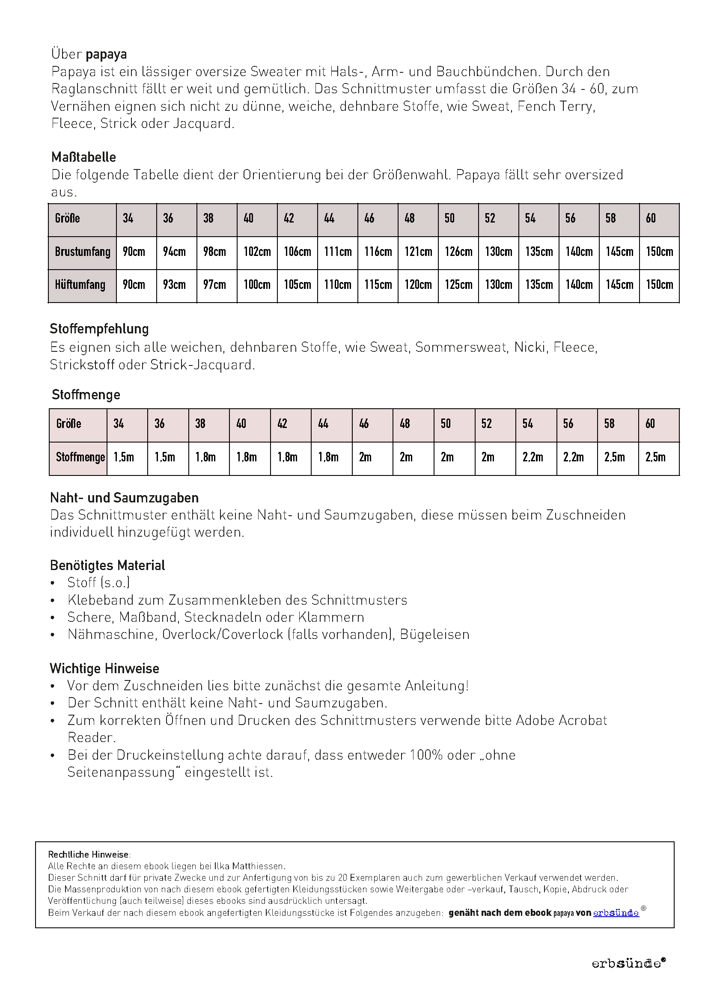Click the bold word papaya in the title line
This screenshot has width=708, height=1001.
pyautogui.click(x=107, y=54)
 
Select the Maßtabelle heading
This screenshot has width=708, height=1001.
pyautogui.click(x=84, y=157)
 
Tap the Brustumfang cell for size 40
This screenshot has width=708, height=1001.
pyautogui.click(x=257, y=252)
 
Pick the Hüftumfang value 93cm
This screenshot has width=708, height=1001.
pyautogui.click(x=174, y=285)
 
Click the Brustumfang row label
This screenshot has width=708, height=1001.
pyautogui.click(x=82, y=252)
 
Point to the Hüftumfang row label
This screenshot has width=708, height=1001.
pyautogui.click(x=80, y=285)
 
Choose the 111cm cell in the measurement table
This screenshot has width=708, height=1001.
pyautogui.click(x=337, y=252)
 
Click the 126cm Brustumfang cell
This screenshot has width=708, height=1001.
pyautogui.click(x=458, y=252)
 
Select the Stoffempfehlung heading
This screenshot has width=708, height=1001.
pyautogui.click(x=99, y=329)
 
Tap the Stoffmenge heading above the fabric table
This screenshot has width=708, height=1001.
pyautogui.click(x=86, y=395)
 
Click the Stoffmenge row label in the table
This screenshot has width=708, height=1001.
pyautogui.click(x=80, y=457)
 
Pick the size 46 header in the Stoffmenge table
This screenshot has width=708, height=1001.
pyautogui.click(x=364, y=424)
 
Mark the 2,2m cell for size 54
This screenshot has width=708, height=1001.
pyautogui.click(x=533, y=457)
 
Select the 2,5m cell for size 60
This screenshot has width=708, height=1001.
pyautogui.click(x=655, y=457)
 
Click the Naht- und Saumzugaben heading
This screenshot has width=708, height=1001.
pyautogui.click(x=124, y=498)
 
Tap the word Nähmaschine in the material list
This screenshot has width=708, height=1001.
pyautogui.click(x=111, y=635)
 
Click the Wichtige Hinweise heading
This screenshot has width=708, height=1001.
pyautogui.click(x=104, y=669)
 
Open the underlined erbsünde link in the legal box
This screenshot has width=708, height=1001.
pyautogui.click(x=616, y=913)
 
